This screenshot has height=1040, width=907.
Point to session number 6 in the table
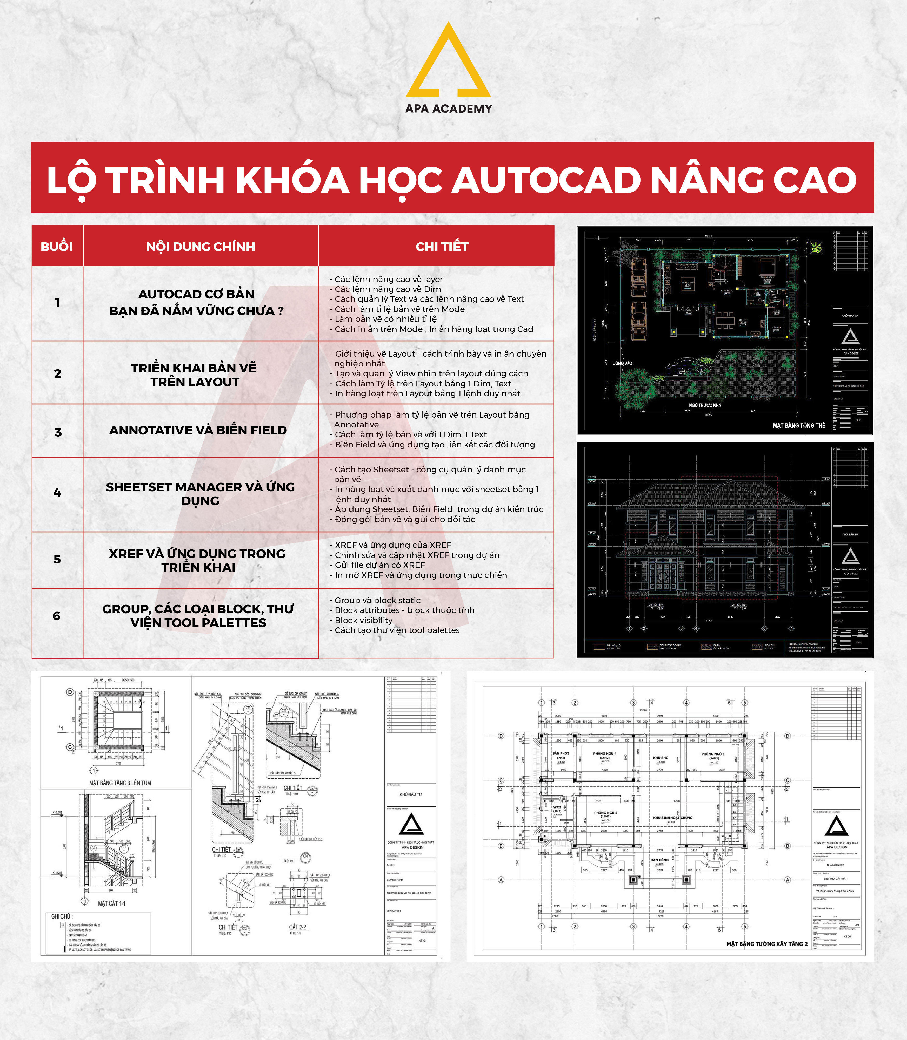pos(57,616)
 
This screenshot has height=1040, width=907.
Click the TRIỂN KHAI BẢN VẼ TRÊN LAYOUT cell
pos(194,375)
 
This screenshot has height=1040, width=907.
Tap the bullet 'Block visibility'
pos(363,620)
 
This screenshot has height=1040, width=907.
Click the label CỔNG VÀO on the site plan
pos(622,363)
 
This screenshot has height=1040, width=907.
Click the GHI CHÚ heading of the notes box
pos(62,916)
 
